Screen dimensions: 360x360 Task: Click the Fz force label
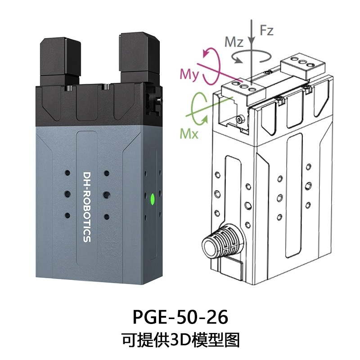click(x=266, y=31)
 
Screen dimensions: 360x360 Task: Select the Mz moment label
click(x=234, y=42)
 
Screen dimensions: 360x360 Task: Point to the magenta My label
click(x=189, y=74)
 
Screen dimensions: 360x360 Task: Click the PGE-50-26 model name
click(x=180, y=317)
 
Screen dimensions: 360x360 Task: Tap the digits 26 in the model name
click(x=217, y=317)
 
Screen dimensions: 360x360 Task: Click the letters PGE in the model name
click(x=149, y=317)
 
